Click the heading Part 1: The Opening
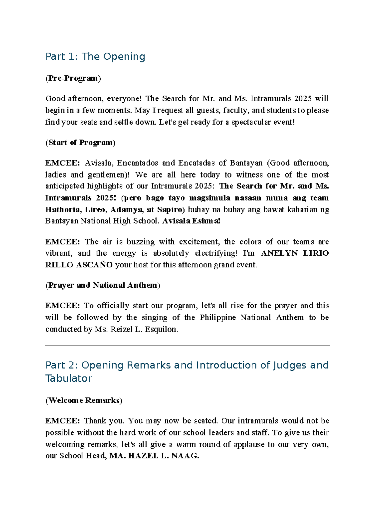[x=95, y=57]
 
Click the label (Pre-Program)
[x=73, y=78]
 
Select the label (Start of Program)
[x=80, y=142]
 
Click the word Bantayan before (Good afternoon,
[x=246, y=163]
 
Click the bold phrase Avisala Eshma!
[x=191, y=221]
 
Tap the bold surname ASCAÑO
[x=94, y=265]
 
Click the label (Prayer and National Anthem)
[x=103, y=285]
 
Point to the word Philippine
[x=217, y=317]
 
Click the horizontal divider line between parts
[x=187, y=345]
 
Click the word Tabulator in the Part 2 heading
[x=69, y=378]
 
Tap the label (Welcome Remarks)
[x=84, y=401]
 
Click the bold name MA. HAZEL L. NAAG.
[x=154, y=456]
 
